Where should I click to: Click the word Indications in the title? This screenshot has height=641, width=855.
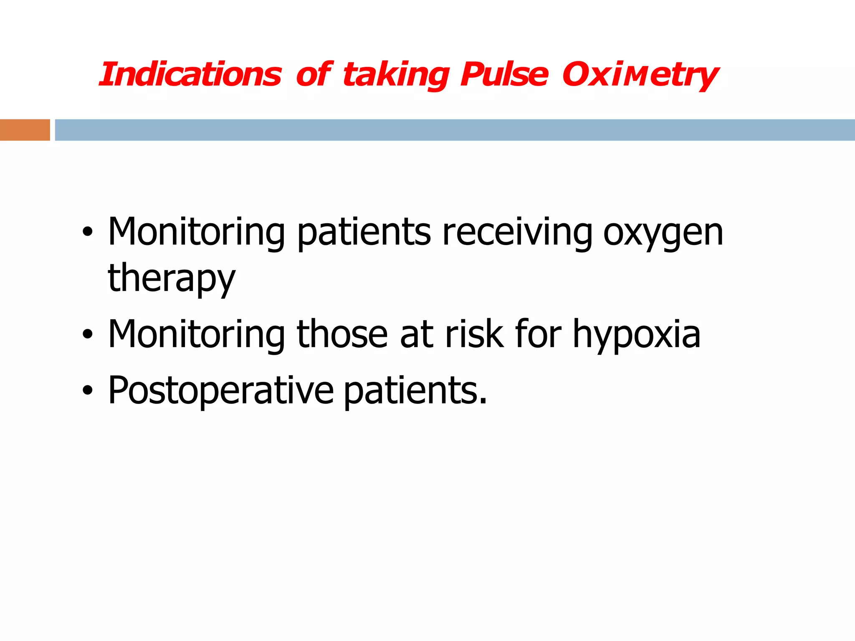point(190,75)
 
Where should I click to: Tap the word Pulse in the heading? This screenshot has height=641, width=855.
point(504,75)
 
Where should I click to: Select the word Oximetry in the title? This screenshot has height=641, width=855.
point(640,76)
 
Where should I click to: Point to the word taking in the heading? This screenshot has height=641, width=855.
point(395,76)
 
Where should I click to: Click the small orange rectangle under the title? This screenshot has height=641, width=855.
point(25,130)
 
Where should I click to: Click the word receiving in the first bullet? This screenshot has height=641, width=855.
point(517,232)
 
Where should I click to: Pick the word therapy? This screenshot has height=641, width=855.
point(172,279)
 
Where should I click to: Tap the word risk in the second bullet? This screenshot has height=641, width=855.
point(474,334)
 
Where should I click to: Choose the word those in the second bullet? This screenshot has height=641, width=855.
point(342,334)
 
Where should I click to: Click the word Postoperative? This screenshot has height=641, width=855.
point(221,391)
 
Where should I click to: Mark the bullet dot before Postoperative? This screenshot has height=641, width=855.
point(87,391)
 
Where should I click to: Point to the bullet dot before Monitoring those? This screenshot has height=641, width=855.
point(87,334)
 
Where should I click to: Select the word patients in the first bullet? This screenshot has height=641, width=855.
point(364,233)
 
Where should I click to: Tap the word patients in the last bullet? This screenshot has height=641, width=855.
point(415,391)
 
